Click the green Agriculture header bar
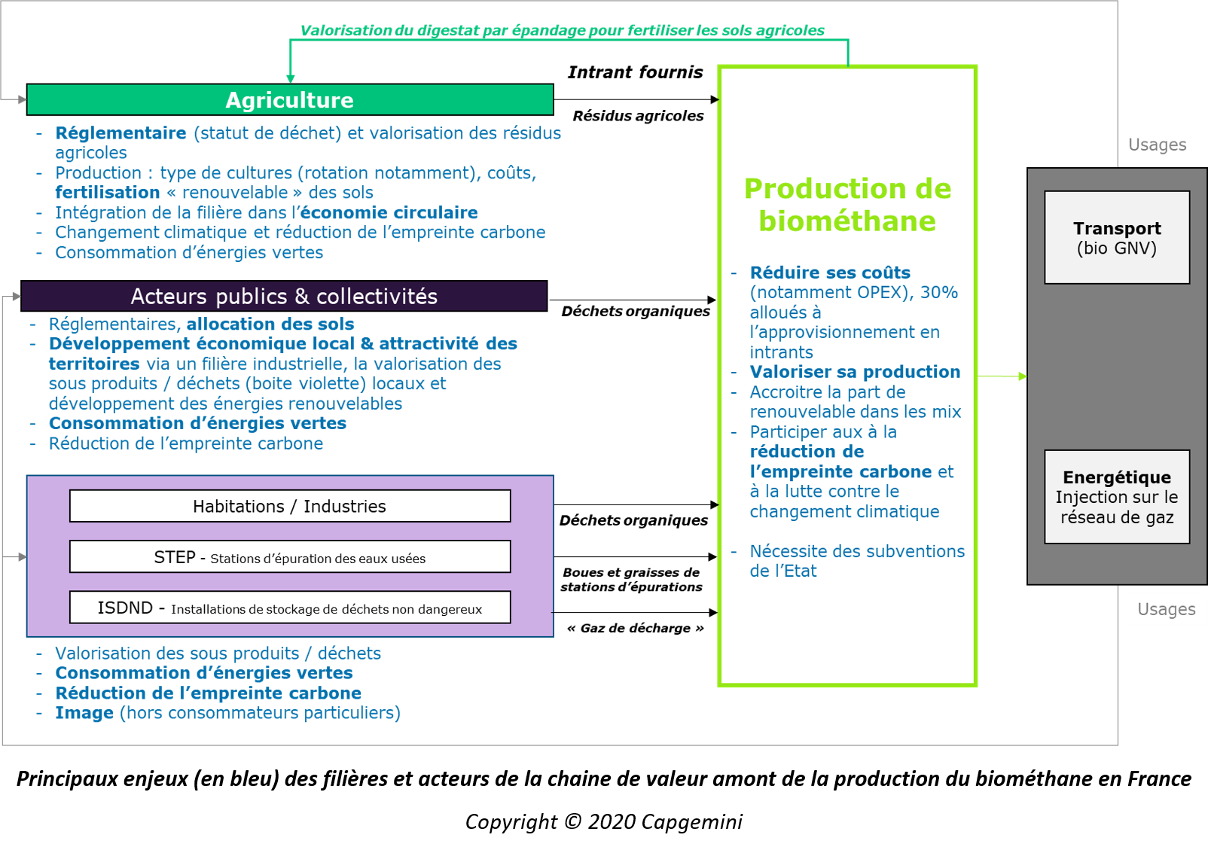(290, 100)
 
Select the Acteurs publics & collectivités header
(284, 297)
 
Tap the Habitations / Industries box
(290, 506)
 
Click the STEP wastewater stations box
(290, 557)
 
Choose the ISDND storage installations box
(290, 608)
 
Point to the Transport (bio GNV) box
(1117, 238)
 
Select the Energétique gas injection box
(1117, 497)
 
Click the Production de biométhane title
(847, 205)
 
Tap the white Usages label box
(1167, 609)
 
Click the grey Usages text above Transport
(1157, 145)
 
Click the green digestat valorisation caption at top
(562, 31)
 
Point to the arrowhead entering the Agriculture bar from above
(291, 78)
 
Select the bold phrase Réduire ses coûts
(830, 273)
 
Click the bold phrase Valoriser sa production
(855, 372)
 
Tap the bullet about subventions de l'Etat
(856, 561)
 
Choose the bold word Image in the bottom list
(84, 713)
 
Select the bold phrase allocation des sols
(270, 324)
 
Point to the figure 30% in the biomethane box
(939, 292)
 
